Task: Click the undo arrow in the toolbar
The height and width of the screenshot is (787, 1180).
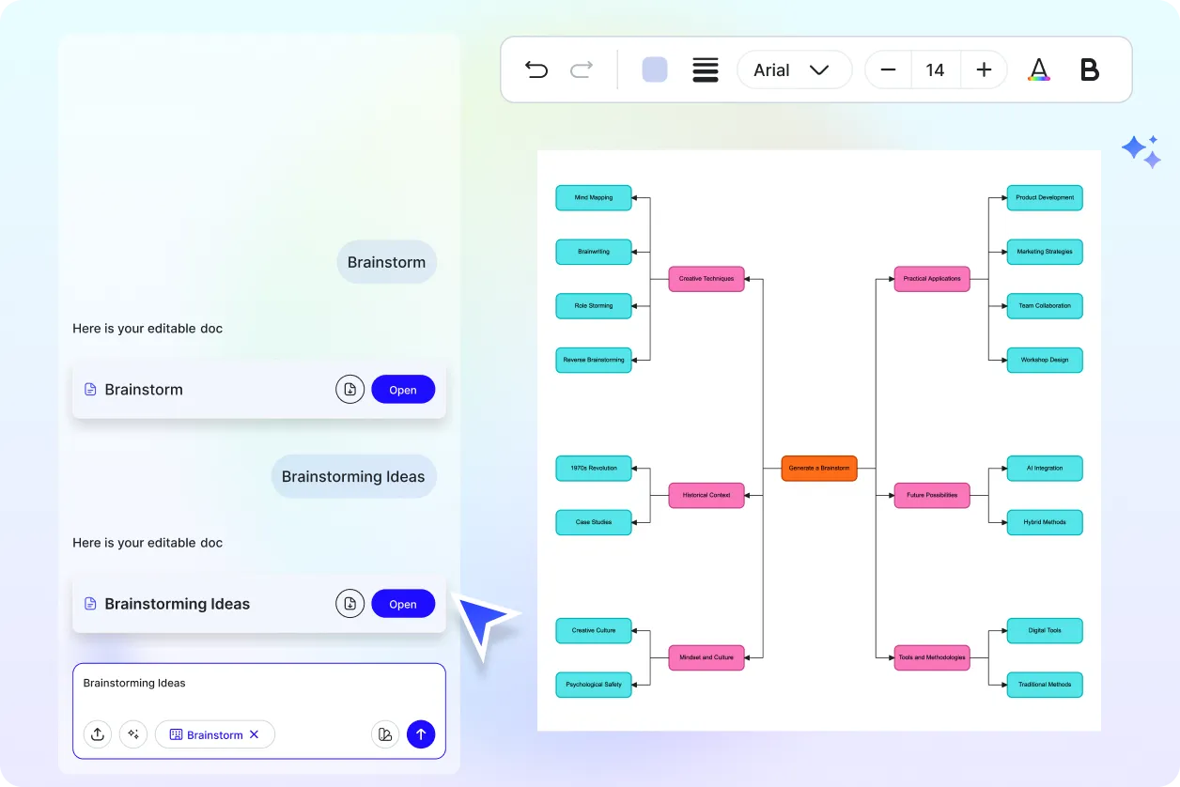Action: [536, 69]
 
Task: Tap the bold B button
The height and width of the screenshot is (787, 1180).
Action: [1089, 69]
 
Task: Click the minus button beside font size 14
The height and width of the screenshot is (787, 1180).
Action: [888, 69]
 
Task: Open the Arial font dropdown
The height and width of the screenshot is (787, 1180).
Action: [794, 69]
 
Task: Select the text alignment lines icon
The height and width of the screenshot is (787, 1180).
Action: [706, 69]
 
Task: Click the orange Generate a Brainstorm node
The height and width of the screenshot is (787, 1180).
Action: [818, 468]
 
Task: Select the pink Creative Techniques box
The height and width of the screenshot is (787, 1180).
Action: [706, 279]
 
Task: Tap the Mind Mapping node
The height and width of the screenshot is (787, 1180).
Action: [594, 198]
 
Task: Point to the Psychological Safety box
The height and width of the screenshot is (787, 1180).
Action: [594, 685]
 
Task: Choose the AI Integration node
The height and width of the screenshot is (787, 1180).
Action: [1045, 468]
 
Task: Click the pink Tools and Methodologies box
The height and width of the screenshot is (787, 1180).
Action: [932, 657]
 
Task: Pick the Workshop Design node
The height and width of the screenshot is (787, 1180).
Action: [1045, 360]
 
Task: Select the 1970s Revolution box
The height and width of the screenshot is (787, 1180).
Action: [594, 468]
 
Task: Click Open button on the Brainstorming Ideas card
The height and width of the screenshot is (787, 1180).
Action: [403, 604]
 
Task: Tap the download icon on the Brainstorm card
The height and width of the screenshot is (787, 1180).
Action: [349, 390]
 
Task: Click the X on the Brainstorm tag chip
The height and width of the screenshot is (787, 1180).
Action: [254, 734]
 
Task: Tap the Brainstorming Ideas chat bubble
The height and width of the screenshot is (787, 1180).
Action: [353, 476]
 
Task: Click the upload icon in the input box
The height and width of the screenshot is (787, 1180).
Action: [98, 734]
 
